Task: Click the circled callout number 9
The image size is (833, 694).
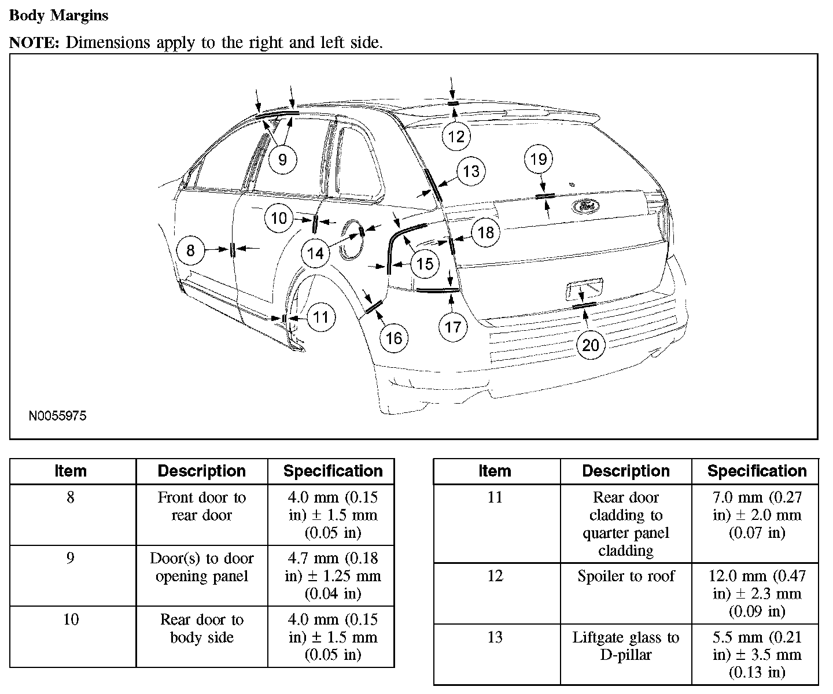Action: pyautogui.click(x=282, y=159)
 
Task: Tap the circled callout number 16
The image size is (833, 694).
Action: pyautogui.click(x=393, y=338)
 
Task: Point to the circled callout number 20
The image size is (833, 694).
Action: pyautogui.click(x=591, y=345)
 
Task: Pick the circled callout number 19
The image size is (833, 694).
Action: pyautogui.click(x=539, y=159)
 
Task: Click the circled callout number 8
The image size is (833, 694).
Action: pyautogui.click(x=190, y=250)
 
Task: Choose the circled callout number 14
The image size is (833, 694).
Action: pyautogui.click(x=315, y=253)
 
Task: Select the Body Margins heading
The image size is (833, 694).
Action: pyautogui.click(x=59, y=16)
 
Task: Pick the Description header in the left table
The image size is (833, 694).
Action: pyautogui.click(x=201, y=471)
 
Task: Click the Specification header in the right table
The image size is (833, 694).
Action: pyautogui.click(x=757, y=471)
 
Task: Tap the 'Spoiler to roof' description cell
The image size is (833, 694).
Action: pyautogui.click(x=626, y=577)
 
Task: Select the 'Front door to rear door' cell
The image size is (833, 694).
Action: pyautogui.click(x=201, y=506)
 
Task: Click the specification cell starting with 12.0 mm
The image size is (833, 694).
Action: pyautogui.click(x=757, y=593)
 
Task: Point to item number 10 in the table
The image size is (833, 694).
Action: pyautogui.click(x=71, y=619)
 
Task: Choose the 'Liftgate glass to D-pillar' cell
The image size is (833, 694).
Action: pyautogui.click(x=626, y=646)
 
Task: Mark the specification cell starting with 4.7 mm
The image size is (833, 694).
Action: pyautogui.click(x=333, y=575)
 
